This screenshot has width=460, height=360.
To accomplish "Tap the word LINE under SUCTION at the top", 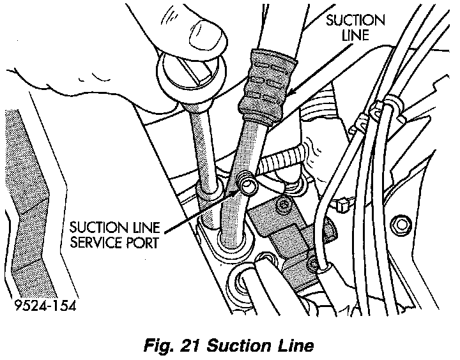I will pos(356,35).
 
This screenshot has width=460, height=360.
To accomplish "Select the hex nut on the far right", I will pos(403,225).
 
